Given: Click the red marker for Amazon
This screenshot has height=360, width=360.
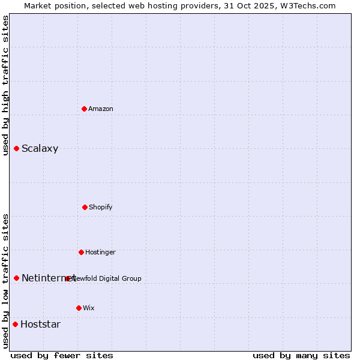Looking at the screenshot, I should pos(84,109).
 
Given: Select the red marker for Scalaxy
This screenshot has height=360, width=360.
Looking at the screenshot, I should pos(16,148).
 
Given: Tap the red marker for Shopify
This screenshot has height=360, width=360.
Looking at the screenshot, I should pos(85,207).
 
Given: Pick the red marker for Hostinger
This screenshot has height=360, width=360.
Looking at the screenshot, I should pos(81,252).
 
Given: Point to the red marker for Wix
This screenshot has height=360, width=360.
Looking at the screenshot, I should pos(79,308).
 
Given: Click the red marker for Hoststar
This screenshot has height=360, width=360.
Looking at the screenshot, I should pos(15,324).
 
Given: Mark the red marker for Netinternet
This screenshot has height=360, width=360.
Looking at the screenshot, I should pos(16,278).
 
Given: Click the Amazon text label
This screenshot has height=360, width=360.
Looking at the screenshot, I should pos(101,109).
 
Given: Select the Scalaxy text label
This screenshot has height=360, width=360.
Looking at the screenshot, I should pos(40,149).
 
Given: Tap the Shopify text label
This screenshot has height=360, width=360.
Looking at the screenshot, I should pos(101,207).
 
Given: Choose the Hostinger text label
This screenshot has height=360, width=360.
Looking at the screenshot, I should pos(100,252).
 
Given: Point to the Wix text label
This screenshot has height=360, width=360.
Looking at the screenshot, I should pos(89,308).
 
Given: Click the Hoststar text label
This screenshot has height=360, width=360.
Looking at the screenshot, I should pos(40,325).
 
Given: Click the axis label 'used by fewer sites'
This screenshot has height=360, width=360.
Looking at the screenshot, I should pos(62,355).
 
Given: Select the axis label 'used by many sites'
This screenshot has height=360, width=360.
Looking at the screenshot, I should pos(301,355).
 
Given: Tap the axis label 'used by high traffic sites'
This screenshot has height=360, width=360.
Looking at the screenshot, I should pos(5,85).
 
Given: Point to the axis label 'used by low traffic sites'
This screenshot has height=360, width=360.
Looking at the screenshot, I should pos(5,280).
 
